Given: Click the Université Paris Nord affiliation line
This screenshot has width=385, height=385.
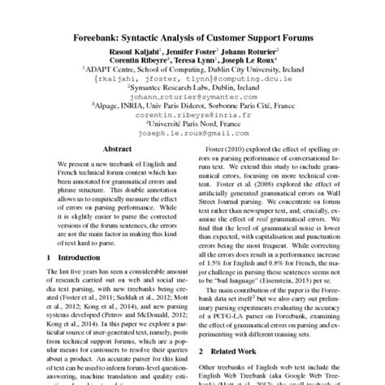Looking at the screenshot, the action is pyautogui.click(x=192, y=126).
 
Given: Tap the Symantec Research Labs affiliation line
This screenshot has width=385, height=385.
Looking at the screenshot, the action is pyautogui.click(x=192, y=89).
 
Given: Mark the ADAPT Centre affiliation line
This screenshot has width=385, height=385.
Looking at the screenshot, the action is pyautogui.click(x=192, y=70).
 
